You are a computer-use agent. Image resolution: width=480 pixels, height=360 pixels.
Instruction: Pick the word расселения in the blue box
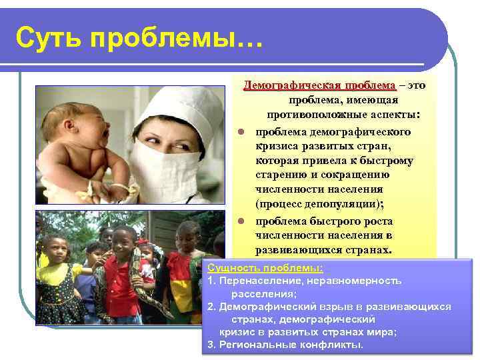point(263,293)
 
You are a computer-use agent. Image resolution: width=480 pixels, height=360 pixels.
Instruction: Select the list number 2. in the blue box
point(211,307)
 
